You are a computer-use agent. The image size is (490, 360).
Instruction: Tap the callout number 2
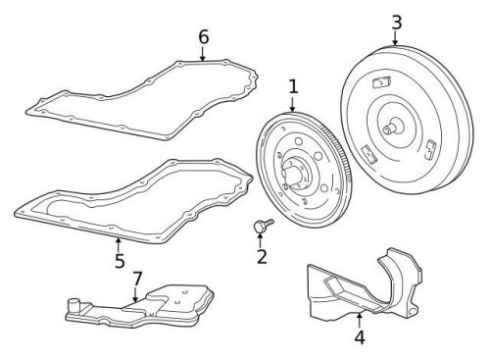pyautogui.click(x=262, y=257)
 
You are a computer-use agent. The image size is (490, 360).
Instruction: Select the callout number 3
pyautogui.click(x=396, y=21)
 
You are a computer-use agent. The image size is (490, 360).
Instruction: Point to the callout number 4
pyautogui.click(x=359, y=336)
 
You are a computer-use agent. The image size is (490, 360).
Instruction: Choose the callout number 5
pyautogui.click(x=119, y=260)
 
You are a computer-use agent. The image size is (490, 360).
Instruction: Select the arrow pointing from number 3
pyautogui.click(x=396, y=38)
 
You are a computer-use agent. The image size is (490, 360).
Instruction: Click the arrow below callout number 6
pyautogui.click(x=203, y=54)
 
